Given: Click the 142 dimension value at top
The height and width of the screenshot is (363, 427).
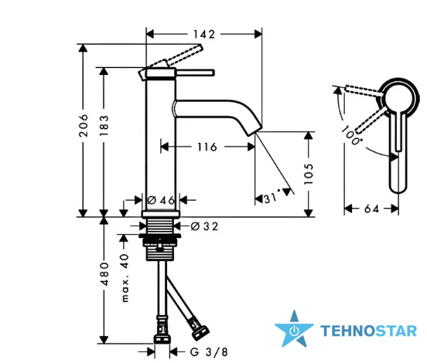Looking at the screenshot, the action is tap(204, 34).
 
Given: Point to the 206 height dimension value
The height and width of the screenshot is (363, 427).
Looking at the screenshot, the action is tap(84, 125).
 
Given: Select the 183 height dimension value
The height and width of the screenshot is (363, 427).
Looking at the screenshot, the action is tap(104, 126).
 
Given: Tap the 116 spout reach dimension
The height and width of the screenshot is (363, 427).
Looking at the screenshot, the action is tap(207, 147).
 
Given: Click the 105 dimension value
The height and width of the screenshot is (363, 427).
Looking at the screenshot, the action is tap(309, 174).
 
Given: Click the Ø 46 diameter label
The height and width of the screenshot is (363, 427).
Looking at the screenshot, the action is tap(161, 200).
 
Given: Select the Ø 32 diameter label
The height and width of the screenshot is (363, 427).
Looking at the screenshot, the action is tap(204, 226).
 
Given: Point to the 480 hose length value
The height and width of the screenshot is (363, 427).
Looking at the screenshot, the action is tap(104, 274).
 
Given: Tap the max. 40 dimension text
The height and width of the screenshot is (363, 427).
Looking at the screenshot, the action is tap(125, 278).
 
